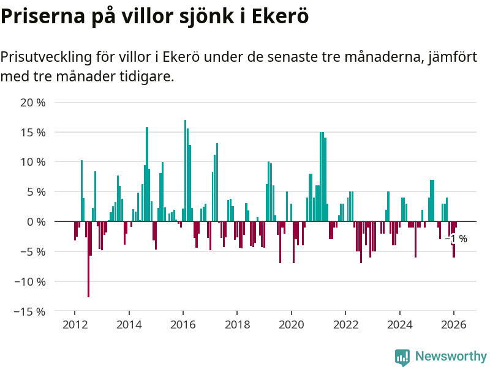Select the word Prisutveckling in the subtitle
(x=46, y=57)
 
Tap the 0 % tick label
(x=36, y=221)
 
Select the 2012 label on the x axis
(x=75, y=325)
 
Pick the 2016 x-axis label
(x=183, y=325)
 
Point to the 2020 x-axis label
(x=291, y=325)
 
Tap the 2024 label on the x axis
(x=399, y=325)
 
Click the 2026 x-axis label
(x=453, y=325)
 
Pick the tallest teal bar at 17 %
(x=185, y=171)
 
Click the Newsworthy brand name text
(x=451, y=356)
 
